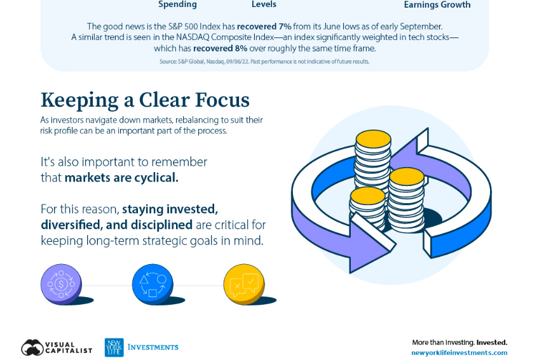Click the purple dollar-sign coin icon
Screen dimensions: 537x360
click(61, 284)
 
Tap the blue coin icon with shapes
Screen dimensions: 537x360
click(153, 284)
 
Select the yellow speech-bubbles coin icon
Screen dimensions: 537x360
click(244, 284)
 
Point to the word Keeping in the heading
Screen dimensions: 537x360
click(80, 100)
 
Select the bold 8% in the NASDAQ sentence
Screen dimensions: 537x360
click(241, 48)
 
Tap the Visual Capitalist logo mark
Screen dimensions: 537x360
click(32, 347)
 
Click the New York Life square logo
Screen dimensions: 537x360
click(114, 347)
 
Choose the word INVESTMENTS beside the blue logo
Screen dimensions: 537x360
click(153, 347)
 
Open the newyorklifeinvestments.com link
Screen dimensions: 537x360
click(459, 352)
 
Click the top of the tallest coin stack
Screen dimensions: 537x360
click(373, 139)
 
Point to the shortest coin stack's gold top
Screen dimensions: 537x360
click(367, 196)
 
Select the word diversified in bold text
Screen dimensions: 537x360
click(71, 225)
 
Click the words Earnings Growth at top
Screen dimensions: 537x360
click(437, 4)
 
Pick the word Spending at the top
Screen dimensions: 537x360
click(177, 4)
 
